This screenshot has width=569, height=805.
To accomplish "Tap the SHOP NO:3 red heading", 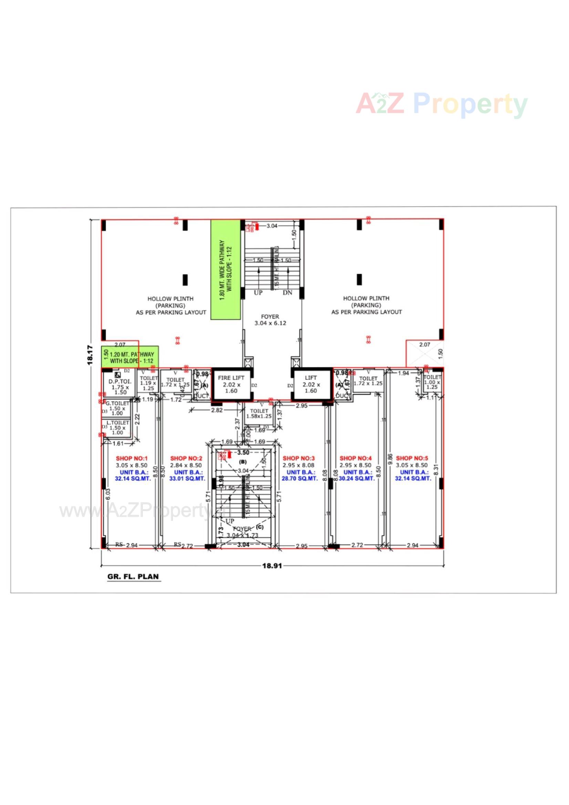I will point(299,458).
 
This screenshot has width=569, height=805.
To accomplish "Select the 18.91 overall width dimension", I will point(272,566).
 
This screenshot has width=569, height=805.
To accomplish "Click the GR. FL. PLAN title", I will point(133,577).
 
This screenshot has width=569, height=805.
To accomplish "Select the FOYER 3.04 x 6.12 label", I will point(270,320).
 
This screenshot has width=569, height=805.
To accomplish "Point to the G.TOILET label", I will point(117,403).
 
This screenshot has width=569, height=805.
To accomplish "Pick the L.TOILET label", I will point(118,423).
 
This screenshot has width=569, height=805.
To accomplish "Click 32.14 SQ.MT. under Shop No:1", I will point(133,479).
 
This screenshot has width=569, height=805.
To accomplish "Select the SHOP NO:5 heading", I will point(412,458).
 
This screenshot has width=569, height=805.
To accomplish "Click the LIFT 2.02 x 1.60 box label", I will point(311,384).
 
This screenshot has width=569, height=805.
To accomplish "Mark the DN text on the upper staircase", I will point(287,293).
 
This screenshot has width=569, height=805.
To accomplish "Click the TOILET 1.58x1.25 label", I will point(259,414).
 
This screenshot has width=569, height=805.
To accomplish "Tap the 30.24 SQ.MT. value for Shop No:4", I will point(357,479).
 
